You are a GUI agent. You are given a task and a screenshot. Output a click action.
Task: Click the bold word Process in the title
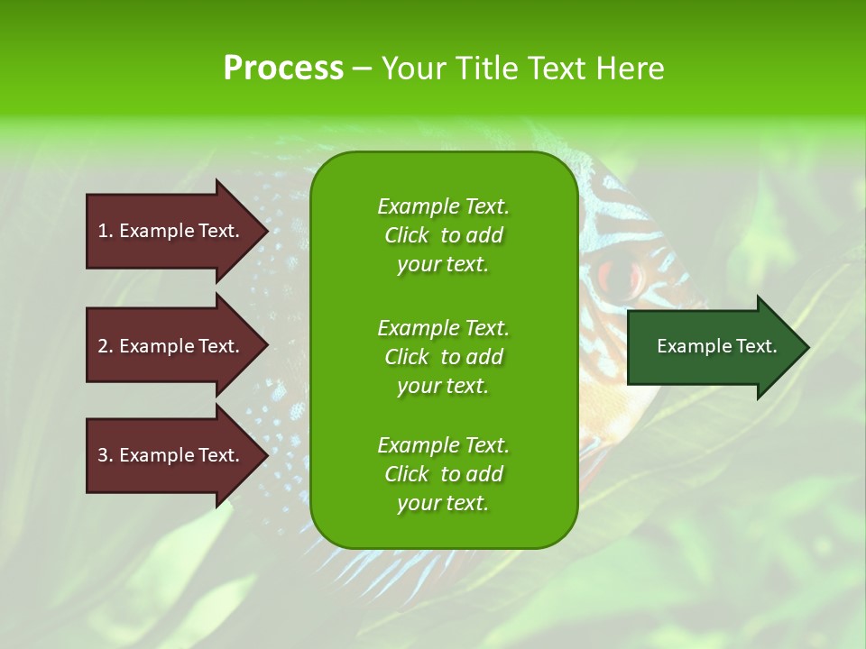click(283, 69)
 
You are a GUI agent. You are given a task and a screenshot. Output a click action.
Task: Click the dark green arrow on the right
click(713, 347)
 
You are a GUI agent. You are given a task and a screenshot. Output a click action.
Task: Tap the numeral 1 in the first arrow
click(103, 231)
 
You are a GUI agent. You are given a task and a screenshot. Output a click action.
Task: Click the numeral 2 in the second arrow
click(103, 346)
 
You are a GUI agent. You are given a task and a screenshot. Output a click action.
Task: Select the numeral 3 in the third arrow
click(103, 455)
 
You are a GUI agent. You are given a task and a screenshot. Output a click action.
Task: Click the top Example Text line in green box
click(443, 206)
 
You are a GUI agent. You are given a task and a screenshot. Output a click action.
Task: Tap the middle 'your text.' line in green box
click(443, 385)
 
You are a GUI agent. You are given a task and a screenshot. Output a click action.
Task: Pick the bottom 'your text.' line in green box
click(443, 503)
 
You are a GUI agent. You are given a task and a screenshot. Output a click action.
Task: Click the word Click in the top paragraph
click(407, 235)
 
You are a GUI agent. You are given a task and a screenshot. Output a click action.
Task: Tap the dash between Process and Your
click(363, 69)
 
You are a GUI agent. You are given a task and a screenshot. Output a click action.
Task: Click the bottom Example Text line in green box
click(443, 445)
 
